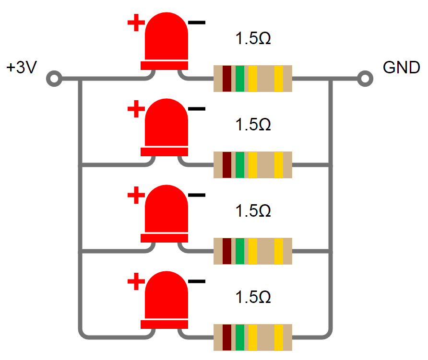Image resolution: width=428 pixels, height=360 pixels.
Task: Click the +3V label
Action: (22, 68)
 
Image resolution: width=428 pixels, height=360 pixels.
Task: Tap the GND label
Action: (402, 68)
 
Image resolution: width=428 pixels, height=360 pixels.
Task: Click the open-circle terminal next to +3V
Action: (54, 78)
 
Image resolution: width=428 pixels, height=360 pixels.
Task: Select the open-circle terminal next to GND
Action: (365, 78)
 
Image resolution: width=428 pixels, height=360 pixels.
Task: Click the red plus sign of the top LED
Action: (136, 22)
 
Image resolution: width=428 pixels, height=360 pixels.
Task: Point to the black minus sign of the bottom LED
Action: (197, 281)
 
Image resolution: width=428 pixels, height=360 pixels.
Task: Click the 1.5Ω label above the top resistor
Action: (253, 39)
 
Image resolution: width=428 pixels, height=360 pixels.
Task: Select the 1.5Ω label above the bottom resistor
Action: (253, 298)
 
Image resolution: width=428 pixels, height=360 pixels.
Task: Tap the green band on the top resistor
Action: (239, 78)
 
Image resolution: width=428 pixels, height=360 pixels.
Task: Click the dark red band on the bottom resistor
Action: (227, 337)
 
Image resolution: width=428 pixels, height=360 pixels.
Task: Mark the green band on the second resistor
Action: (239, 165)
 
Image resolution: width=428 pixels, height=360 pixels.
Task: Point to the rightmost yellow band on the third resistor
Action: (279, 251)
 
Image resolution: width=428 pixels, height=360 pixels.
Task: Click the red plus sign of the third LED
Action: (136, 195)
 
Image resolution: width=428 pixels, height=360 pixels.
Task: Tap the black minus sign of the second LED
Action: (197, 109)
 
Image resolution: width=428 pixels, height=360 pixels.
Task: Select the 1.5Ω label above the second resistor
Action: (253, 125)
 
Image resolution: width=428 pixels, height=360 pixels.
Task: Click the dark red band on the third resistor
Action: (227, 251)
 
